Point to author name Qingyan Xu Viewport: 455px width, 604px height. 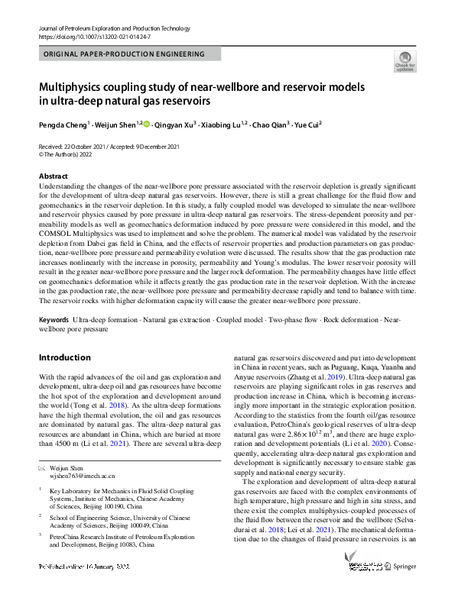(176, 124)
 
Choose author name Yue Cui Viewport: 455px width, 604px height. (307, 124)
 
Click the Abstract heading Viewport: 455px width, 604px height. (53, 176)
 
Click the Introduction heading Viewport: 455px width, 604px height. (64, 357)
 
